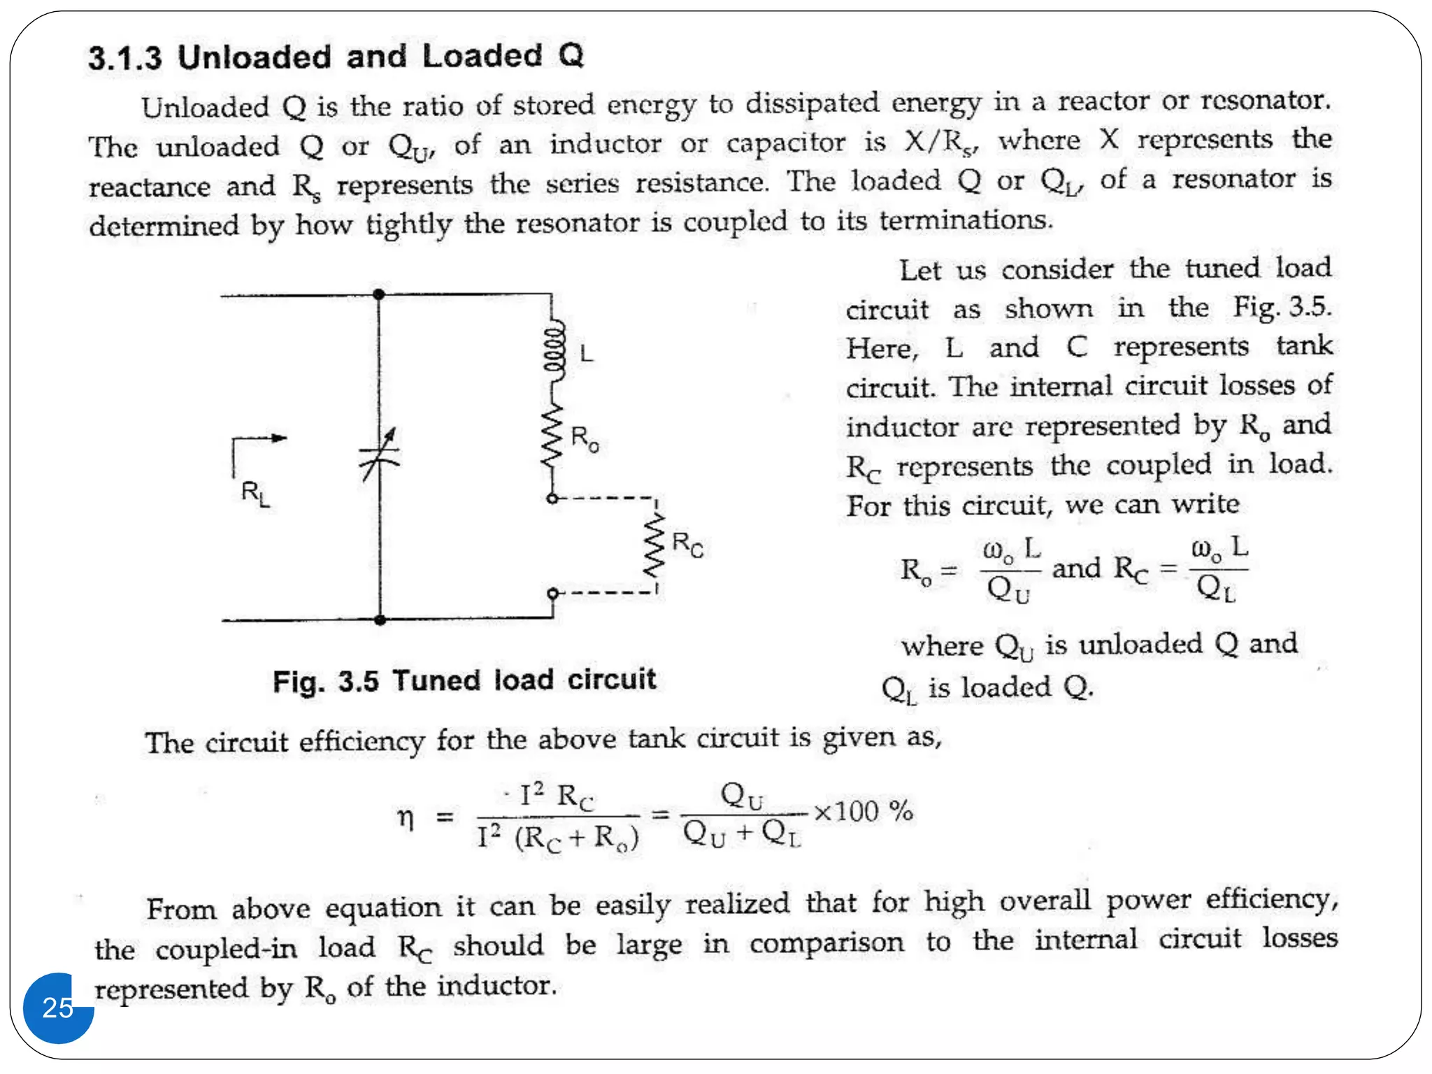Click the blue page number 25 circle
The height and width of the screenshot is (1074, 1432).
coord(58,1008)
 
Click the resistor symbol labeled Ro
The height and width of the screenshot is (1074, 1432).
coord(553,436)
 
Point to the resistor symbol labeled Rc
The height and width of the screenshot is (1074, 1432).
coord(655,545)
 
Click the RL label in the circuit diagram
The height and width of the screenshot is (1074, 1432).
coord(255,493)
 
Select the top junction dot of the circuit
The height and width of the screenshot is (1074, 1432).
coord(379,294)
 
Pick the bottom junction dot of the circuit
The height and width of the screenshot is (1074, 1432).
coord(380,620)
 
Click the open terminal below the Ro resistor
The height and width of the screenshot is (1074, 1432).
coord(552,499)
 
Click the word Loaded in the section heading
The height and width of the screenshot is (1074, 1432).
coord(482,56)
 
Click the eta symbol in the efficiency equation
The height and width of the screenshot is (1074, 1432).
coord(406,817)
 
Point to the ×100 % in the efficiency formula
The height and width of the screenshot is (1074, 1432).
coord(864,812)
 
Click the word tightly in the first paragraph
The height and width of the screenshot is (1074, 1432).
coord(409,225)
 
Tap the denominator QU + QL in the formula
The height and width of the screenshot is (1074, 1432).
coord(741,833)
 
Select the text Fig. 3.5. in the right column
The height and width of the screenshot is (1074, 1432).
coord(1282,308)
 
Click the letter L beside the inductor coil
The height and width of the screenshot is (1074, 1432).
coord(587,353)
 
